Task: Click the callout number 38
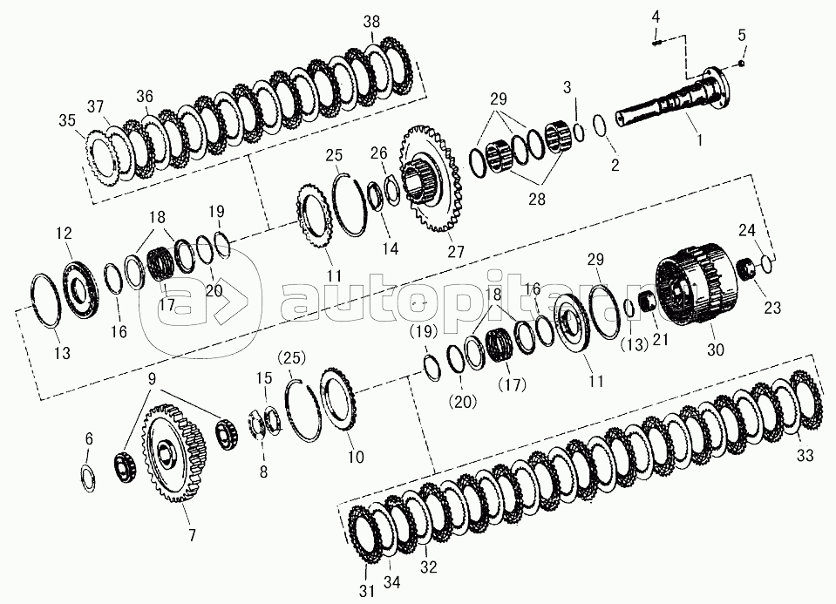[x=371, y=22]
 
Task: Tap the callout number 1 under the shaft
[x=699, y=139]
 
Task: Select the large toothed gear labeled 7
[x=173, y=454]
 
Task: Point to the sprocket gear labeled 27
[x=432, y=179]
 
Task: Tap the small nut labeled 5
[x=742, y=64]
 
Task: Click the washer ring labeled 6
[x=89, y=478]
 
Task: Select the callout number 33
[x=805, y=455]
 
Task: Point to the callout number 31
[x=367, y=591]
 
